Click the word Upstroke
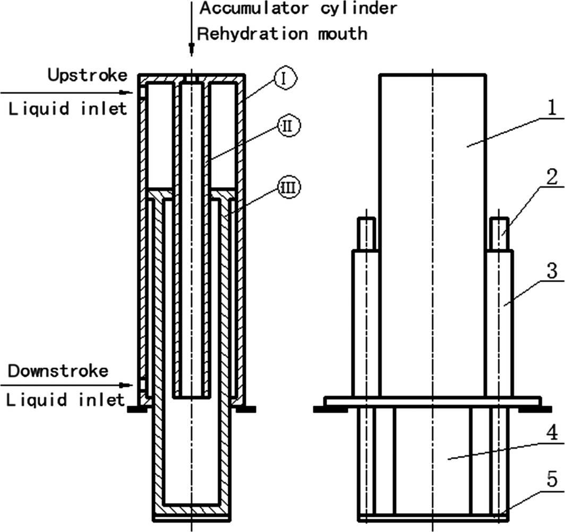[x=87, y=75]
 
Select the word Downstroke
[x=58, y=370]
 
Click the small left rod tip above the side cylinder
[x=366, y=233]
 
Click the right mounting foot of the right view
[x=531, y=409]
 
